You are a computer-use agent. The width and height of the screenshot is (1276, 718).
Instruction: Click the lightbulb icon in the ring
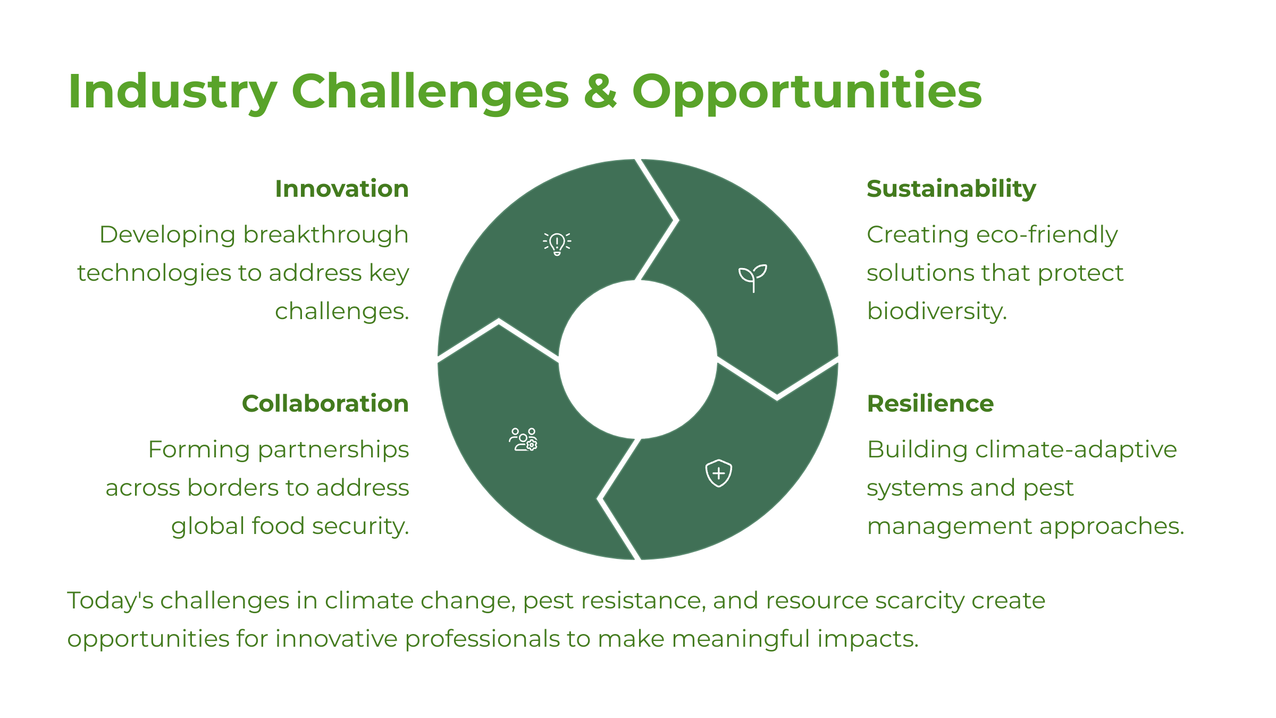(557, 244)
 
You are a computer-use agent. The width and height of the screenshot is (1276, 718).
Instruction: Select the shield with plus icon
(719, 473)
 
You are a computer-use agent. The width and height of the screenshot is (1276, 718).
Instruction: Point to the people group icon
(524, 439)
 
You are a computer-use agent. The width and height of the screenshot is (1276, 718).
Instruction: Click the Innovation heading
(342, 189)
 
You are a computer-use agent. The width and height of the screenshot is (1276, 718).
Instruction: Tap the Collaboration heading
(325, 404)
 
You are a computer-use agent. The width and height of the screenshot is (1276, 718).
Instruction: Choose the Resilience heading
(930, 404)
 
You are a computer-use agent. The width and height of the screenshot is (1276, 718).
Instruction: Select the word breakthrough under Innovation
(326, 235)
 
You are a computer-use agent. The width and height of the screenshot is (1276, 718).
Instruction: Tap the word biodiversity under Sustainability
(937, 311)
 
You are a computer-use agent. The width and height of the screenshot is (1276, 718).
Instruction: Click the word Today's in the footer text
(110, 600)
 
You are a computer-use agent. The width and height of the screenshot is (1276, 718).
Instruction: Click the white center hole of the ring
(638, 360)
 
